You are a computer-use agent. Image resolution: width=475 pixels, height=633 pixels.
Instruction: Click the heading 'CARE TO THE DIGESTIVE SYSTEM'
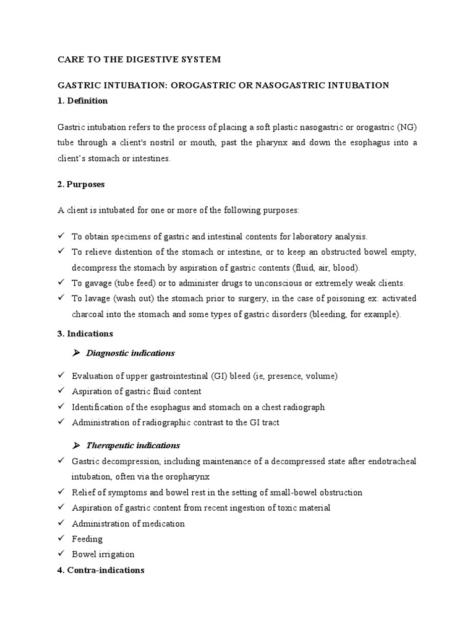pos(139,59)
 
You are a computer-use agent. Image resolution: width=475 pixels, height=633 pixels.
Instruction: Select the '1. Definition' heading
pos(82,100)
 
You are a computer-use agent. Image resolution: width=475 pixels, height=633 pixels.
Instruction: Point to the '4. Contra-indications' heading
pos(101,570)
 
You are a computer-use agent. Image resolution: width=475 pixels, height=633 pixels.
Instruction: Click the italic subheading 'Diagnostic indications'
pos(131,353)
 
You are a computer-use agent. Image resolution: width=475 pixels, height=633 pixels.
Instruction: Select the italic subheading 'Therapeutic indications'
pos(133,445)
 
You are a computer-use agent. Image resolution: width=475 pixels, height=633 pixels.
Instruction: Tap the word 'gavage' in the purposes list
pos(96,283)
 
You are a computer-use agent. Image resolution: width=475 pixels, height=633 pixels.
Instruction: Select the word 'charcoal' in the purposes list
pos(88,314)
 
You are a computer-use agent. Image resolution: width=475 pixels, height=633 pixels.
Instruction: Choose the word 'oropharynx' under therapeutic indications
pos(190,477)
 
